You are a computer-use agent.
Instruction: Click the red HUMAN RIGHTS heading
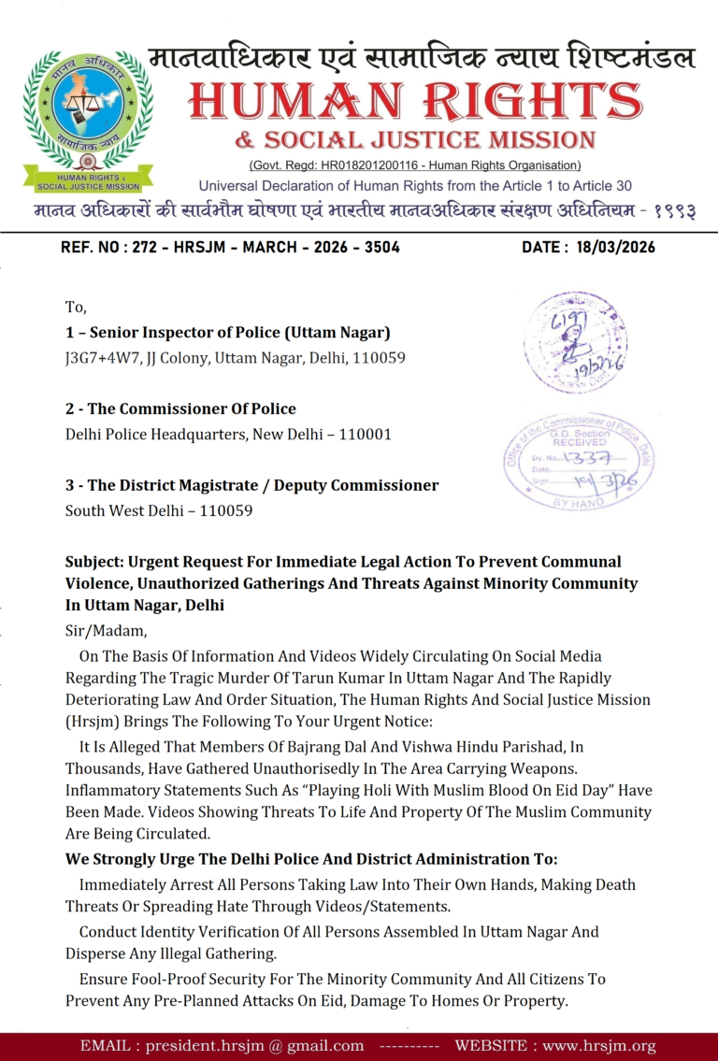pyautogui.click(x=415, y=101)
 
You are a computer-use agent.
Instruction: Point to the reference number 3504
pyautogui.click(x=381, y=248)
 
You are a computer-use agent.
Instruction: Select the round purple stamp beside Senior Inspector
pyautogui.click(x=574, y=341)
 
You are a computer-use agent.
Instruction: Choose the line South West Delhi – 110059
pyautogui.click(x=159, y=510)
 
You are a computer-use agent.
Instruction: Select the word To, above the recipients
pyautogui.click(x=75, y=307)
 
